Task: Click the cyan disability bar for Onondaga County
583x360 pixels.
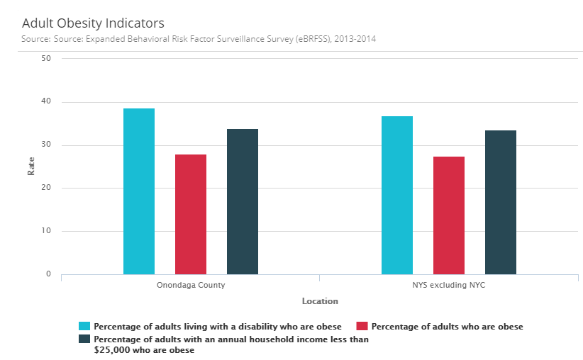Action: pyautogui.click(x=139, y=191)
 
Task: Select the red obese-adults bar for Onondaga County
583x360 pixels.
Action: pyautogui.click(x=191, y=214)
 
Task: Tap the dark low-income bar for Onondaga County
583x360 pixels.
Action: pyautogui.click(x=243, y=201)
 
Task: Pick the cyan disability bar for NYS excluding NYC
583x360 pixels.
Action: pyautogui.click(x=397, y=195)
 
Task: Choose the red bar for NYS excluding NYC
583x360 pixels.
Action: pyautogui.click(x=449, y=215)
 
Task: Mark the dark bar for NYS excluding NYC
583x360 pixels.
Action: pyautogui.click(x=501, y=202)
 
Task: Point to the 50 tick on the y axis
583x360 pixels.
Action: pyautogui.click(x=46, y=59)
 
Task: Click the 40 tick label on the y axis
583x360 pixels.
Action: pyautogui.click(x=46, y=102)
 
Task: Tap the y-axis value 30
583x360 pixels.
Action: pyautogui.click(x=46, y=145)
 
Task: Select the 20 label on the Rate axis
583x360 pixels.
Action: pyautogui.click(x=46, y=188)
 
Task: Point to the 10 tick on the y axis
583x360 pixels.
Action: pyautogui.click(x=46, y=231)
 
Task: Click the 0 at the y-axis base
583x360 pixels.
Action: pyautogui.click(x=48, y=274)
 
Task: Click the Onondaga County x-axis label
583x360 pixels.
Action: pyautogui.click(x=191, y=286)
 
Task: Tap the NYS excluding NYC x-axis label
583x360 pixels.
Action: pyautogui.click(x=449, y=286)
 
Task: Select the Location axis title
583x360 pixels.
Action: pyautogui.click(x=320, y=301)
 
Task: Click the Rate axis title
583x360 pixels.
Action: pyautogui.click(x=31, y=166)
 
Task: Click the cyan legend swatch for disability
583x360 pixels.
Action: pyautogui.click(x=84, y=327)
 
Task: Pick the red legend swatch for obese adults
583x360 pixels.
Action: pyautogui.click(x=362, y=327)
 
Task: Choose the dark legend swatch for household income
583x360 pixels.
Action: pyautogui.click(x=84, y=339)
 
